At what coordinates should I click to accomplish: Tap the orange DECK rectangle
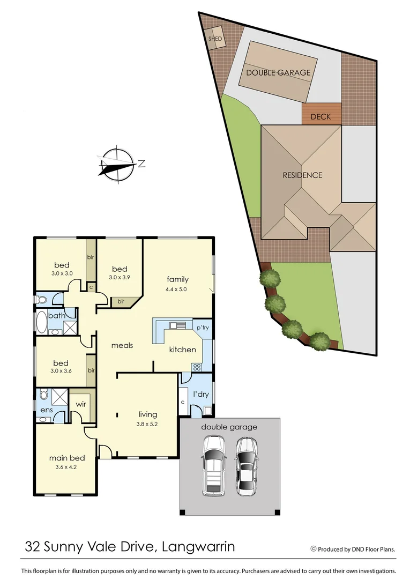(321, 116)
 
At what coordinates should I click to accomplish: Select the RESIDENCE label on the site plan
(303, 175)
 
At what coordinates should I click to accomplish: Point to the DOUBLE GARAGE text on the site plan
(278, 72)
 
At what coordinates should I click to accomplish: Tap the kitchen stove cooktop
(196, 367)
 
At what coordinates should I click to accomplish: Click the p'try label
(202, 328)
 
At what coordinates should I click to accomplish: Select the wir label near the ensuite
(81, 404)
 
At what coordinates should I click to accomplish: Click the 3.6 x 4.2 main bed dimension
(67, 467)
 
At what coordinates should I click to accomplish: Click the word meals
(122, 345)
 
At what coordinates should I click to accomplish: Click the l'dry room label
(200, 395)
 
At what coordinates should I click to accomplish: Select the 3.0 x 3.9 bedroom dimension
(119, 278)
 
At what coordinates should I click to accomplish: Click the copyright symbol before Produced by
(313, 548)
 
